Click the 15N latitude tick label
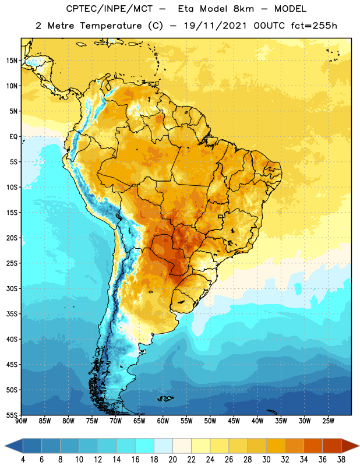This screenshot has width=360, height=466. pyautogui.click(x=12, y=61)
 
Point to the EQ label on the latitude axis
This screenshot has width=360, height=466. pyautogui.click(x=13, y=137)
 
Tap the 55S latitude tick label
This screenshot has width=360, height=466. pyautogui.click(x=12, y=415)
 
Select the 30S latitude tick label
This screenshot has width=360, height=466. pyautogui.click(x=12, y=288)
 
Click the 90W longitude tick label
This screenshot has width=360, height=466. pyautogui.click(x=21, y=421)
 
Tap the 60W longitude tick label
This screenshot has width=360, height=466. pyautogui.click(x=163, y=421)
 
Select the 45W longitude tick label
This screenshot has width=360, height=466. pyautogui.click(x=234, y=421)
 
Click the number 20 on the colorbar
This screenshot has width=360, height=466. pyautogui.click(x=172, y=460)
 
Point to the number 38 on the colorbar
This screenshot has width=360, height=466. pyautogui.click(x=341, y=460)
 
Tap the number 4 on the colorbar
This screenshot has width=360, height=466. pyautogui.click(x=23, y=460)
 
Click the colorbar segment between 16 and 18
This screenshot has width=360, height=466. pyautogui.click(x=145, y=446)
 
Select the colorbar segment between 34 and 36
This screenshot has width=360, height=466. pyautogui.click(x=313, y=446)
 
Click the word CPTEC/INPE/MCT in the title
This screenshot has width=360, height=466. pyautogui.click(x=110, y=9)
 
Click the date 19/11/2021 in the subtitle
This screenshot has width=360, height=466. pyautogui.click(x=215, y=26)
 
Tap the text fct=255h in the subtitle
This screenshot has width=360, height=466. pyautogui.click(x=314, y=26)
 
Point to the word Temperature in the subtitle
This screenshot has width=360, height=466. pyautogui.click(x=111, y=26)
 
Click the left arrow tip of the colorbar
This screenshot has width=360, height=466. pyautogui.click(x=5, y=446)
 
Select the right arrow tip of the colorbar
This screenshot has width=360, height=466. pyautogui.click(x=359, y=446)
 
